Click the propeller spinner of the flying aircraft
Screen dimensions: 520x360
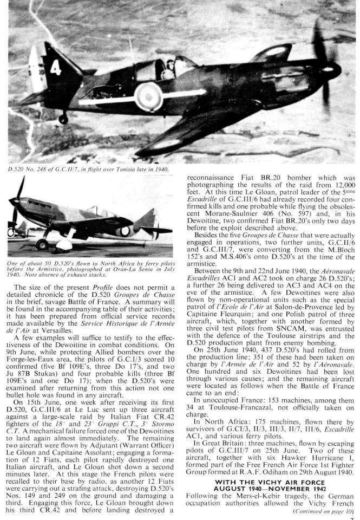[331, 71]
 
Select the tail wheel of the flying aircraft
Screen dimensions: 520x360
[63, 118]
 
